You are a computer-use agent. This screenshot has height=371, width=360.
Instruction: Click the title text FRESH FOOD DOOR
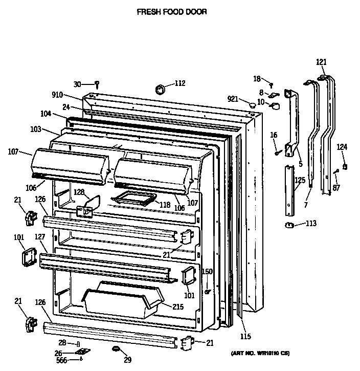click(x=172, y=11)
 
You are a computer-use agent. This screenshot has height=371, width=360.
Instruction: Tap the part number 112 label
click(x=179, y=83)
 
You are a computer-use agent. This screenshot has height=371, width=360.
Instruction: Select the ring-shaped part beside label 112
click(x=161, y=90)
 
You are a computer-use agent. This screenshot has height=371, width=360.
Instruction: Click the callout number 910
click(x=57, y=94)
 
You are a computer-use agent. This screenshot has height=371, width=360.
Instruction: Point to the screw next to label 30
click(x=97, y=84)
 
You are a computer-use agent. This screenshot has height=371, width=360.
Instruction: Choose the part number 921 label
click(x=233, y=99)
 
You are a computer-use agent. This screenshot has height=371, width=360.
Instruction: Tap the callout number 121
click(x=321, y=62)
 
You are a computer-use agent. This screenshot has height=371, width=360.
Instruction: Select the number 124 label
click(x=342, y=147)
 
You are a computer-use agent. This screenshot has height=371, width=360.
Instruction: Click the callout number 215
click(x=177, y=307)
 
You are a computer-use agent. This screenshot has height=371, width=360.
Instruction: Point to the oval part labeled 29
click(x=116, y=349)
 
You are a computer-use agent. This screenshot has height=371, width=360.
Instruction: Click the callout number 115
click(x=246, y=336)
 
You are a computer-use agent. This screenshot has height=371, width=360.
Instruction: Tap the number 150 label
click(x=207, y=271)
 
